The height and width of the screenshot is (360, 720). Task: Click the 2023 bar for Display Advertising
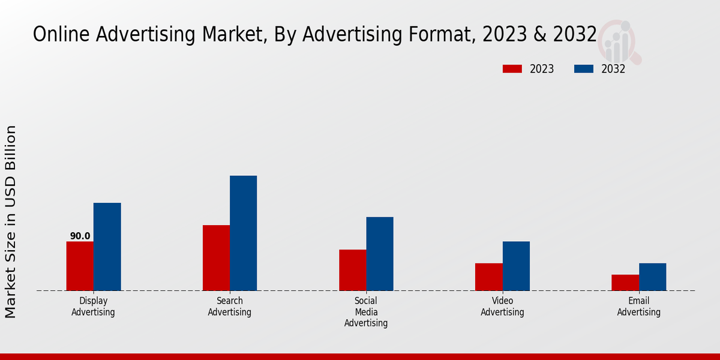[x=80, y=266]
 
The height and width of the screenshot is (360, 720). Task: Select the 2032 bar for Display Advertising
[x=107, y=247]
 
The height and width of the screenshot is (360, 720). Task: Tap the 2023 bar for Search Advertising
[x=216, y=258]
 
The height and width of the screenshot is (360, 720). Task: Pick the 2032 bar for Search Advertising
[x=243, y=233]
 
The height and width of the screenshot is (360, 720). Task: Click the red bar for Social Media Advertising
[x=352, y=270]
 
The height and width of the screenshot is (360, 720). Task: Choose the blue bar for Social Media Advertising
[x=380, y=254]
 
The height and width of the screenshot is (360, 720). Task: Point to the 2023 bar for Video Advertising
[x=488, y=277]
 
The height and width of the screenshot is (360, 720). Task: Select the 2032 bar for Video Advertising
[x=516, y=266]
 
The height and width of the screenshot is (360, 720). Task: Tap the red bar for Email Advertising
[x=625, y=283]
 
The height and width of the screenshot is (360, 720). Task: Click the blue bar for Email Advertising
[x=652, y=277]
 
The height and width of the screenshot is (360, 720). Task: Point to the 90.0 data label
[x=80, y=236]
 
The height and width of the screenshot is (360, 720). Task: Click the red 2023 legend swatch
[x=512, y=69]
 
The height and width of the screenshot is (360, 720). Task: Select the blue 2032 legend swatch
[x=583, y=69]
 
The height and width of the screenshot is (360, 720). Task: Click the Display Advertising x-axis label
[x=93, y=307]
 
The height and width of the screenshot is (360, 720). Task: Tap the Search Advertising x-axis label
[x=229, y=307]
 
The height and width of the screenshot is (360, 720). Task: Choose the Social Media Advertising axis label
[x=366, y=312]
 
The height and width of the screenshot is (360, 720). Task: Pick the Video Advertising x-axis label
[x=502, y=307]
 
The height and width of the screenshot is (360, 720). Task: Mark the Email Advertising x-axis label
[x=638, y=307]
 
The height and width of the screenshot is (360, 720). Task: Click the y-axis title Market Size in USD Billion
[x=11, y=222]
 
